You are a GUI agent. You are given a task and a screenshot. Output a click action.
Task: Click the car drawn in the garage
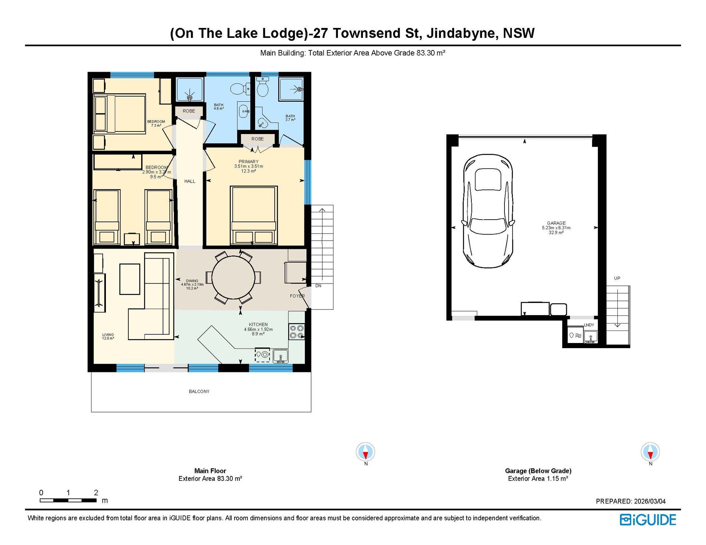point(488,211)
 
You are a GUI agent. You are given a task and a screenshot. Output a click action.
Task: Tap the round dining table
point(233,277)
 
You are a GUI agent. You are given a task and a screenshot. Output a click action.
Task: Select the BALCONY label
point(199,391)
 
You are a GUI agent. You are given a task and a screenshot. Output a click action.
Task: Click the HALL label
point(190,181)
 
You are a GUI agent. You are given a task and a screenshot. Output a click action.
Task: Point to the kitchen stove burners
point(297,332)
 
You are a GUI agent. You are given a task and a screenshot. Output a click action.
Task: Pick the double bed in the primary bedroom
point(254,215)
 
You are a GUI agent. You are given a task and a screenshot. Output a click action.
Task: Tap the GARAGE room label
point(556,223)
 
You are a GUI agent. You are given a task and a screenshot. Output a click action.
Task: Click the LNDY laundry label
point(589,325)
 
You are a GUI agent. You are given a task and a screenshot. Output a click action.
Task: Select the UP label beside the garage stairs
point(617,278)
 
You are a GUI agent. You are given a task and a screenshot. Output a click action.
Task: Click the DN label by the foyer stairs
point(318,286)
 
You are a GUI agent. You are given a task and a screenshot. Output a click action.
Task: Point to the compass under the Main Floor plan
point(366,452)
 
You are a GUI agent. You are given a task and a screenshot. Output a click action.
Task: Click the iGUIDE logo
point(648,520)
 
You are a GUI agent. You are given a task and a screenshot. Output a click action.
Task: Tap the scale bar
point(68,500)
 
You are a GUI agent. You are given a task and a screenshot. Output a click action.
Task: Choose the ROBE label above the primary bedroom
point(257,139)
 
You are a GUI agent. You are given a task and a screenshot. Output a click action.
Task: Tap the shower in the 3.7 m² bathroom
point(291,89)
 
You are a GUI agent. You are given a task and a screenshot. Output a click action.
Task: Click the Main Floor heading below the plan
point(210,471)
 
